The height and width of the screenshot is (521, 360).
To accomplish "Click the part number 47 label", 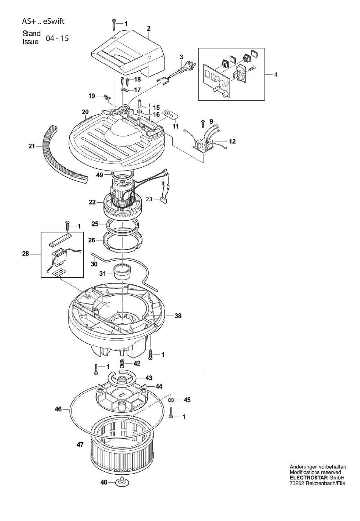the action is click(80, 445).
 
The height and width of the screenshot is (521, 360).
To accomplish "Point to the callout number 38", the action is click(178, 315).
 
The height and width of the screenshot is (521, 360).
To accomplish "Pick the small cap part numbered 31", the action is click(122, 271).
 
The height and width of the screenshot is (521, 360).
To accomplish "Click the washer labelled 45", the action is click(171, 400).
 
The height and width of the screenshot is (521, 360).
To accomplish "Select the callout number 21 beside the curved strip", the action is click(31, 146).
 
